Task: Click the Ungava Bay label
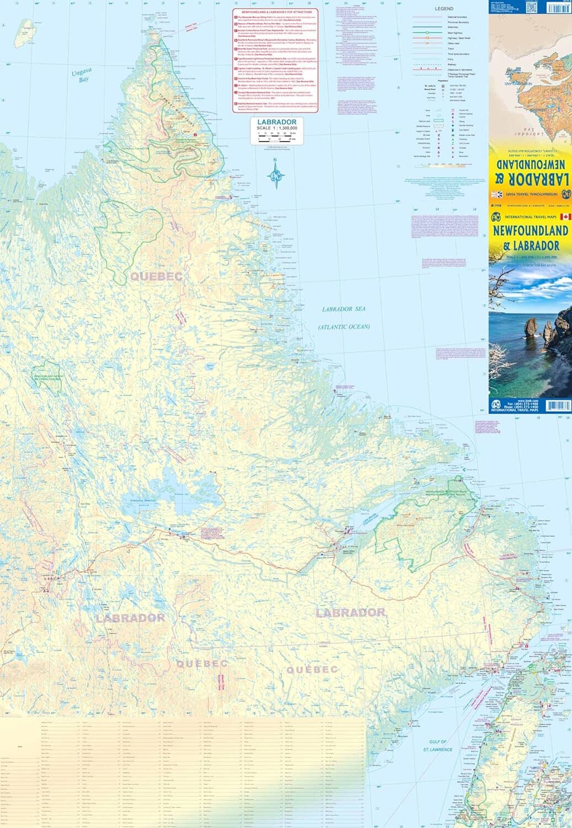pos(79,76)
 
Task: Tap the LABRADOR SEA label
pos(344,310)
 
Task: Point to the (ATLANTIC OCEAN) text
pos(344,327)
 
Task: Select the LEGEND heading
pos(443,9)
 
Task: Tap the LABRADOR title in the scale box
pos(281,122)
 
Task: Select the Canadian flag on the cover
pos(566,216)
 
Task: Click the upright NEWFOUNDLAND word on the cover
pos(530,230)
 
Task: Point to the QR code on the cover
pos(531,7)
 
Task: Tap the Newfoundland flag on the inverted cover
pos(496,194)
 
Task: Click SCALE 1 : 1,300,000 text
pos(281,128)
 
